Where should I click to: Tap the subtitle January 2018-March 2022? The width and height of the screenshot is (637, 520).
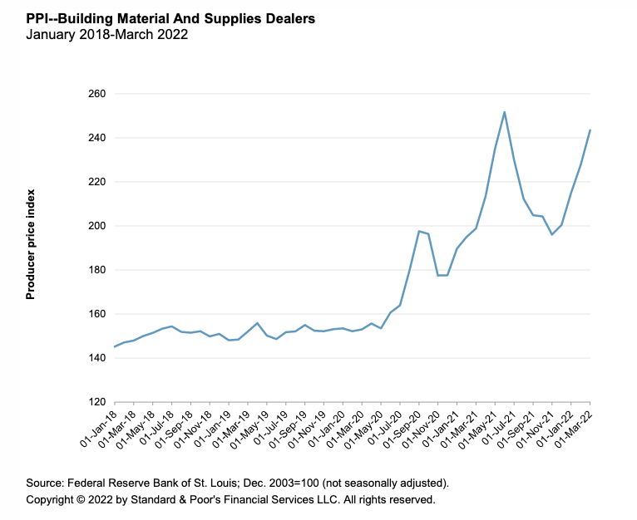click(106, 35)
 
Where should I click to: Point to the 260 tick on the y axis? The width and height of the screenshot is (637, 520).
click(97, 94)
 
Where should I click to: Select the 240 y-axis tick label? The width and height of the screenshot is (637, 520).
click(97, 138)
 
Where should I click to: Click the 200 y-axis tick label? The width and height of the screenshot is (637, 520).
click(97, 226)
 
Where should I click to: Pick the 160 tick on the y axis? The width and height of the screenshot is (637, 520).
click(97, 314)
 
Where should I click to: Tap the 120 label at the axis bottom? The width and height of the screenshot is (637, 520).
click(97, 402)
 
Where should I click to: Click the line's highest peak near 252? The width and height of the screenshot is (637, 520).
click(504, 112)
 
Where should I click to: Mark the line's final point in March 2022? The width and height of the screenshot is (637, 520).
click(590, 130)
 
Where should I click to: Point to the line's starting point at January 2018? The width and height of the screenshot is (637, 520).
click(114, 346)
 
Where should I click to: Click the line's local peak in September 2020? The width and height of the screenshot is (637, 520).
click(418, 231)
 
